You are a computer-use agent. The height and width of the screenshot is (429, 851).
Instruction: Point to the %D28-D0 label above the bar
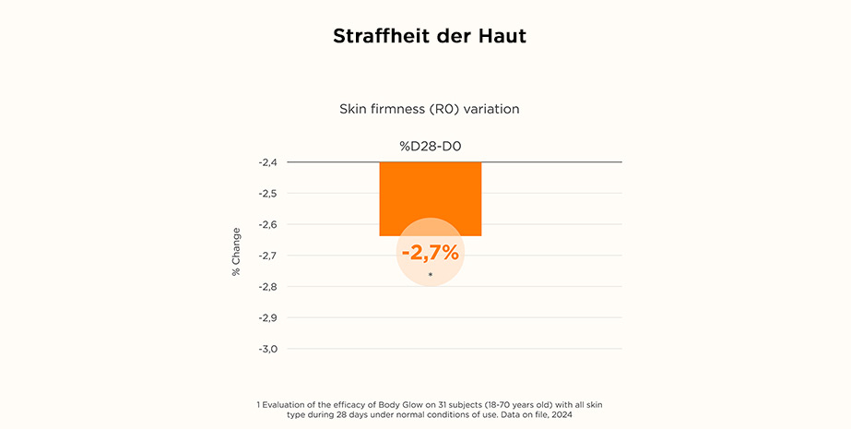(430, 145)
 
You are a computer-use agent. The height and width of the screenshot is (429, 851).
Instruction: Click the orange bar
(430, 196)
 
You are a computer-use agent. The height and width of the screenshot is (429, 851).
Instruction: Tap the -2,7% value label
(430, 252)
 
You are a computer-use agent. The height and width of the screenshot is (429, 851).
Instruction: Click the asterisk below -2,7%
(430, 275)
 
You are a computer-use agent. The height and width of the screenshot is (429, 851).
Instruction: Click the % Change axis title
(236, 251)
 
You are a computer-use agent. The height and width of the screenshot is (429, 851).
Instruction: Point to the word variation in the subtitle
(491, 109)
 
